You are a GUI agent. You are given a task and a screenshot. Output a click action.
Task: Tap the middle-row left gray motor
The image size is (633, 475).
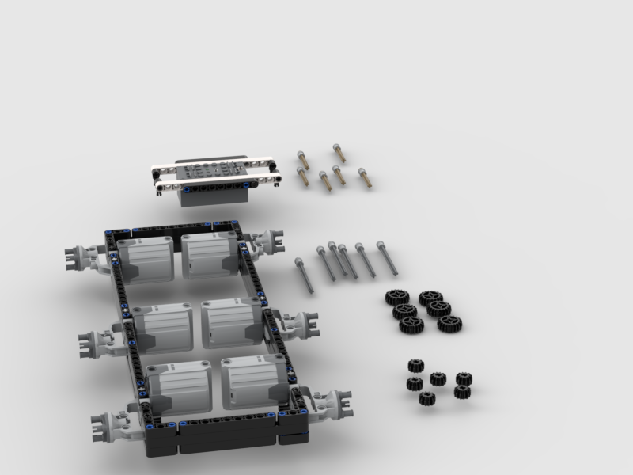pyautogui.click(x=161, y=328)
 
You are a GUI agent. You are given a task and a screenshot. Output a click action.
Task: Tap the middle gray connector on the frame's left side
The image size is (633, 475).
pyautogui.click(x=100, y=342)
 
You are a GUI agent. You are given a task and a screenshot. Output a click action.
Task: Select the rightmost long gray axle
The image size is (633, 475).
pyautogui.click(x=387, y=258)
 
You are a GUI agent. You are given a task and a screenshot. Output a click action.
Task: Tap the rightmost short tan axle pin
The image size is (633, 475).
pyautogui.click(x=364, y=177)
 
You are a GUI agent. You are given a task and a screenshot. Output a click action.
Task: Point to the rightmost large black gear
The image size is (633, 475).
pyautogui.click(x=449, y=323)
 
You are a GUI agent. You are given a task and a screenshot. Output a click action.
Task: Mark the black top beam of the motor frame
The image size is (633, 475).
pyautogui.click(x=174, y=230)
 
